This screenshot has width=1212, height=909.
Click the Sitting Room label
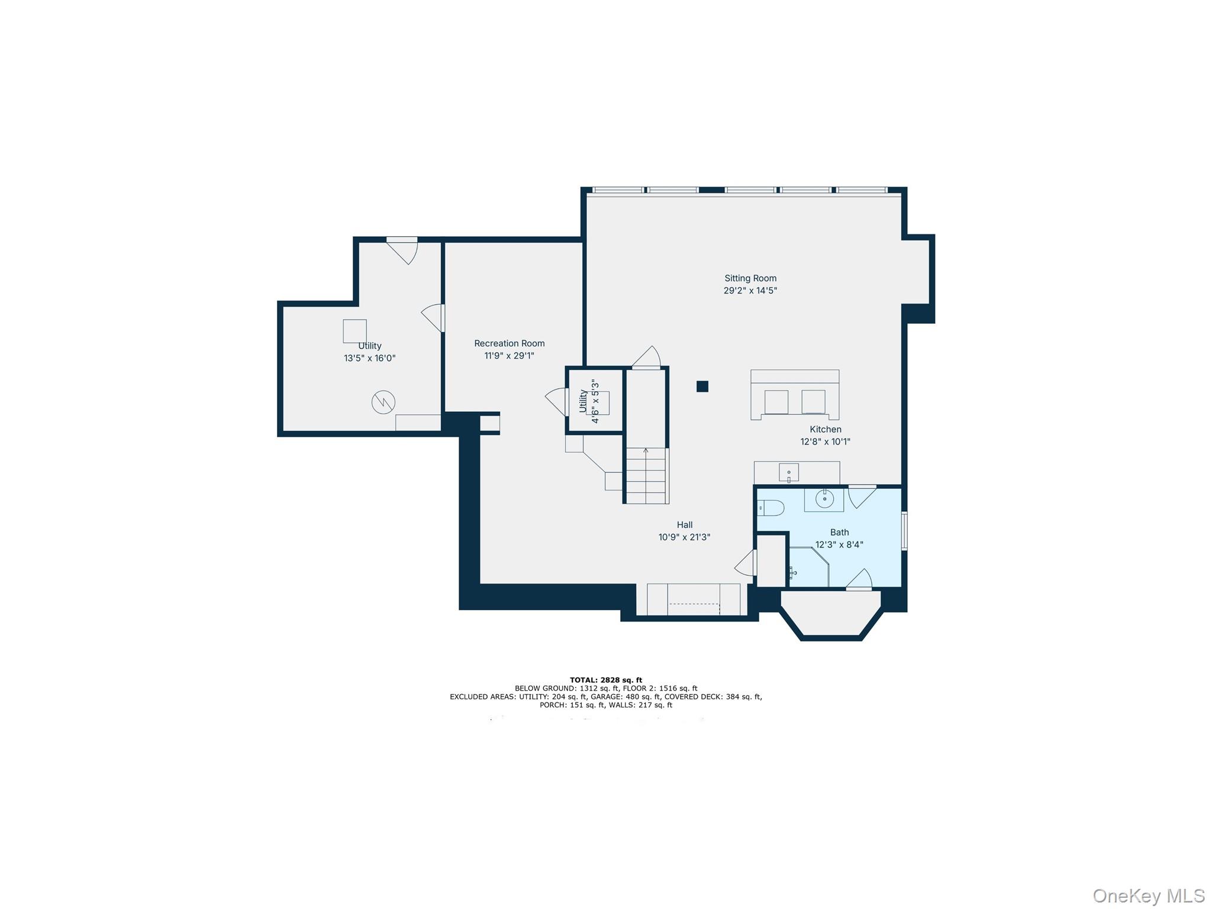tap(750, 278)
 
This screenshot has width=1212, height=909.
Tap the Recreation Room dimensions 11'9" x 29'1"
tap(509, 356)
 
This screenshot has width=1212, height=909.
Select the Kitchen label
tap(825, 429)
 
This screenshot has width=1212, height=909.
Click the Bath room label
tap(839, 532)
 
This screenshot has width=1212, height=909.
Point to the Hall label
tap(684, 524)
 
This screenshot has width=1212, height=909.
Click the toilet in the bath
tap(771, 508)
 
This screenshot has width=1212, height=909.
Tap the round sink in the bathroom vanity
tap(824, 499)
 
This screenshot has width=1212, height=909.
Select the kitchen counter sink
tap(788, 472)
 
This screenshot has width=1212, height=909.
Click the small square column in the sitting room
tap(702, 386)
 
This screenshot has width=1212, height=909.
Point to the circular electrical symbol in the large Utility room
tap(383, 402)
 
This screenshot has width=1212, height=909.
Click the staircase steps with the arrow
tap(646, 475)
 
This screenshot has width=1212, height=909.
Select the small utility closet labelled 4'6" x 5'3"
tap(595, 401)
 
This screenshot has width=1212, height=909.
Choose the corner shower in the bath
tap(808, 567)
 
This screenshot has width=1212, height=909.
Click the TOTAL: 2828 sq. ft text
tap(605, 680)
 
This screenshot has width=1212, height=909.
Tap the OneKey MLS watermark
tap(1148, 895)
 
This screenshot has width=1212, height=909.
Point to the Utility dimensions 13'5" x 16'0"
tap(369, 358)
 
